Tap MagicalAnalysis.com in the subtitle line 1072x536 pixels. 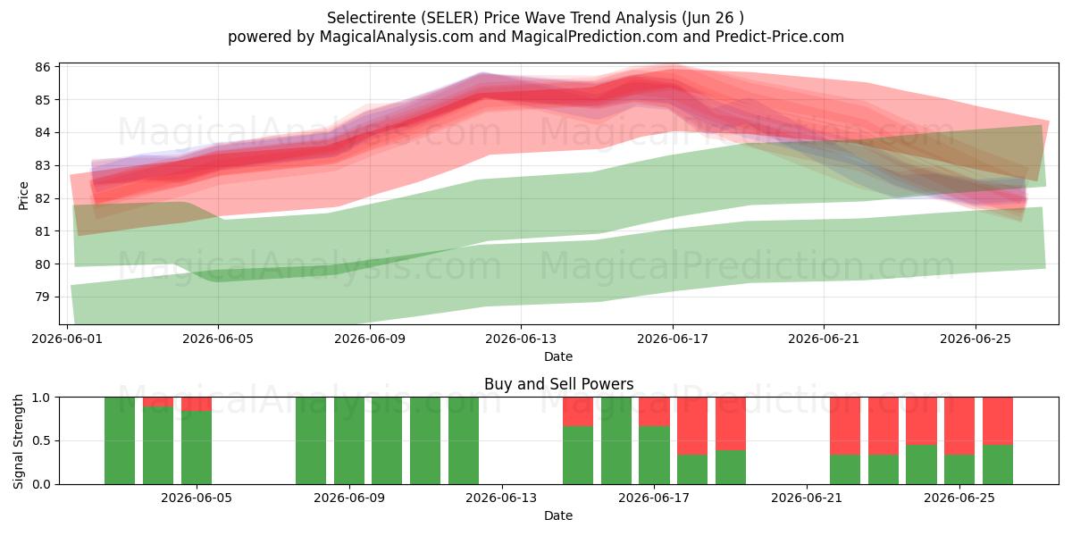(x=397, y=37)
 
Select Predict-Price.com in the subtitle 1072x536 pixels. (x=780, y=37)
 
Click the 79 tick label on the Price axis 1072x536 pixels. (x=43, y=297)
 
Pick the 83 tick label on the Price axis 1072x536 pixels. (x=43, y=165)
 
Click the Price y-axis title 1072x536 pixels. (x=23, y=196)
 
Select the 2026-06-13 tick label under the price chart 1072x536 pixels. (x=521, y=339)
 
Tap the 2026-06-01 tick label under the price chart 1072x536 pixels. (x=67, y=339)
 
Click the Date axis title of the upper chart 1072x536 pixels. (x=558, y=356)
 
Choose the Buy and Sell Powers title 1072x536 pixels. (x=558, y=384)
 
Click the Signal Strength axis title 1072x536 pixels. (x=18, y=441)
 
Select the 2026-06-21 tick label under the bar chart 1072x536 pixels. (x=807, y=498)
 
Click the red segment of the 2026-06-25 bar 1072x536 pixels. (x=959, y=426)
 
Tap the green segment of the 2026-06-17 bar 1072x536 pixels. (x=654, y=455)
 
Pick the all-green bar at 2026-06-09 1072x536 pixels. (x=349, y=440)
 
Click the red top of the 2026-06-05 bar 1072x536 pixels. (x=197, y=404)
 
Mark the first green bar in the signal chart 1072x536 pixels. (x=120, y=440)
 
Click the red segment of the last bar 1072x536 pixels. (x=998, y=421)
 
